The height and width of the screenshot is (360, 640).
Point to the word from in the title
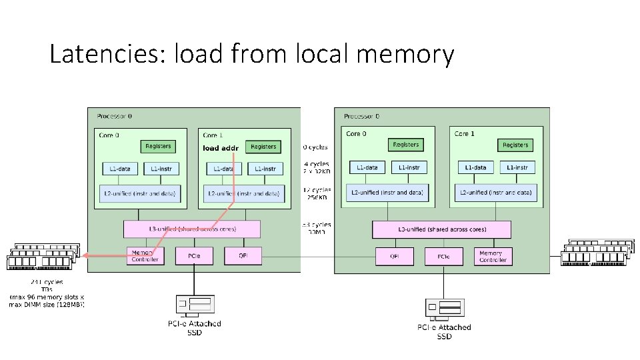[255, 54]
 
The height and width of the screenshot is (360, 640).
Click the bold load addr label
[220, 147]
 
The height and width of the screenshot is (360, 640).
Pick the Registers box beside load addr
[263, 147]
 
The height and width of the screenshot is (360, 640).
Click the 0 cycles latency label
[315, 147]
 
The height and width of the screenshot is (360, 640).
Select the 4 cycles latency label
[316, 164]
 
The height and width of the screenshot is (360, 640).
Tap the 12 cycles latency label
[317, 190]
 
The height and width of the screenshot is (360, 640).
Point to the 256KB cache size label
[317, 197]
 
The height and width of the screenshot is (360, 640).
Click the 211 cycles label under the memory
[47, 283]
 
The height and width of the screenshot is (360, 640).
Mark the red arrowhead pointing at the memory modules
[85, 255]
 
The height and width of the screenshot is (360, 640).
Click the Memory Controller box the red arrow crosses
[145, 255]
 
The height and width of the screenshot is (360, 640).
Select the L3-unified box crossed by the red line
[191, 229]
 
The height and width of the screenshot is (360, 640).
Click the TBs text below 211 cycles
[47, 290]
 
